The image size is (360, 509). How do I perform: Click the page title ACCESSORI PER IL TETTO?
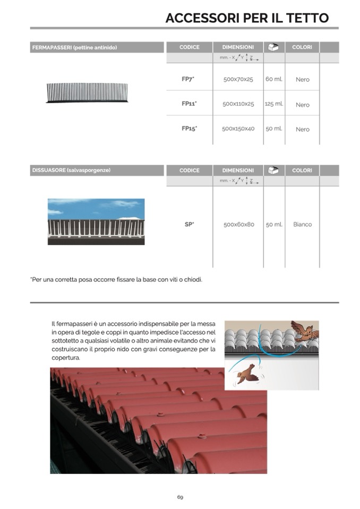[x=247, y=18]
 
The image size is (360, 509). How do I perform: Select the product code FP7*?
[x=188, y=79]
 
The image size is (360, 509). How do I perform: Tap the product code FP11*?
[x=188, y=104]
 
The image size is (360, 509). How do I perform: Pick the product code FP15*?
[x=188, y=128]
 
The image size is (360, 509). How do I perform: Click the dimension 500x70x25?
[x=238, y=80]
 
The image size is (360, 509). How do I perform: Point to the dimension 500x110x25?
[x=238, y=105]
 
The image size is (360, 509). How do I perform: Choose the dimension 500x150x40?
[x=238, y=129]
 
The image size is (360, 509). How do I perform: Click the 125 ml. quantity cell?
[x=274, y=104]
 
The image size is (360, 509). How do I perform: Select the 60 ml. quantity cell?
[x=274, y=79]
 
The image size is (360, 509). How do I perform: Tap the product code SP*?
[x=189, y=225]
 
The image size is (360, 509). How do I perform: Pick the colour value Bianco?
[x=302, y=225]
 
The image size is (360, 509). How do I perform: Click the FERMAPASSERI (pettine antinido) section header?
[x=74, y=48]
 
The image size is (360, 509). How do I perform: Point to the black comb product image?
[x=88, y=92]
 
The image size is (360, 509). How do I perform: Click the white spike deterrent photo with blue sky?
[x=96, y=221]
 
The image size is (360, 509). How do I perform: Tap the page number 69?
[x=180, y=497]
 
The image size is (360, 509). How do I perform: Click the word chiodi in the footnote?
[x=192, y=279]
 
